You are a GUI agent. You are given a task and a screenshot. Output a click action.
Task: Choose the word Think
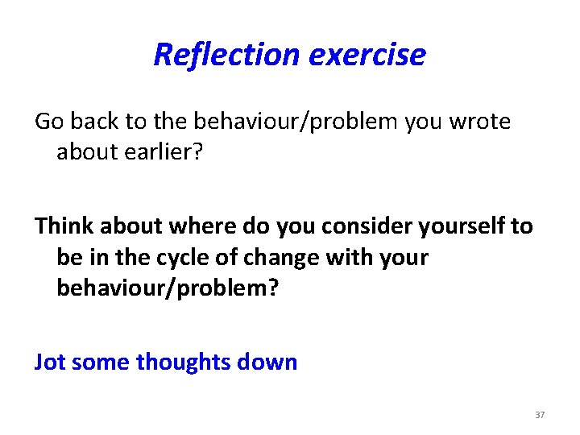tap(67, 226)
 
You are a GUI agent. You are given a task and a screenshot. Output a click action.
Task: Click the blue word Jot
tap(50, 362)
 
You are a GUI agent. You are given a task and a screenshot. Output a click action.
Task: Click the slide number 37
tap(540, 415)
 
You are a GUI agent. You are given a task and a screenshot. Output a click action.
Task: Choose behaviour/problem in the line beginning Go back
tap(293, 122)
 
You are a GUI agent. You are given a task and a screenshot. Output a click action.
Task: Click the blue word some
tap(101, 362)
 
